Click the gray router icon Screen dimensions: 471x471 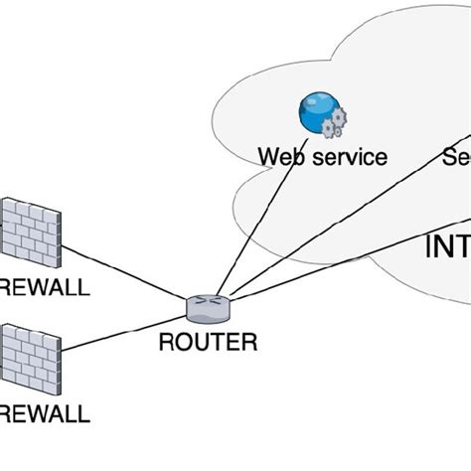[x=207, y=309]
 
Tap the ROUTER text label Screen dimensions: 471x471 [x=208, y=343]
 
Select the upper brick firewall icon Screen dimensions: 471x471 [x=28, y=230]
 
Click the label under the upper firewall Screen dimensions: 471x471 [x=45, y=288]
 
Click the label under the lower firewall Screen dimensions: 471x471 [x=45, y=412]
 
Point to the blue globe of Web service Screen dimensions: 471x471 [x=315, y=112]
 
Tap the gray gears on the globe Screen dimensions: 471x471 [x=336, y=123]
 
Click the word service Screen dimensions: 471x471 [x=347, y=157]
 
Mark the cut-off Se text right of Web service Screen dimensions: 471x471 [x=454, y=157]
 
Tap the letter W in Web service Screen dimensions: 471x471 [x=269, y=157]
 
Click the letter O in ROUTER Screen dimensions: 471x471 [x=183, y=343]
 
